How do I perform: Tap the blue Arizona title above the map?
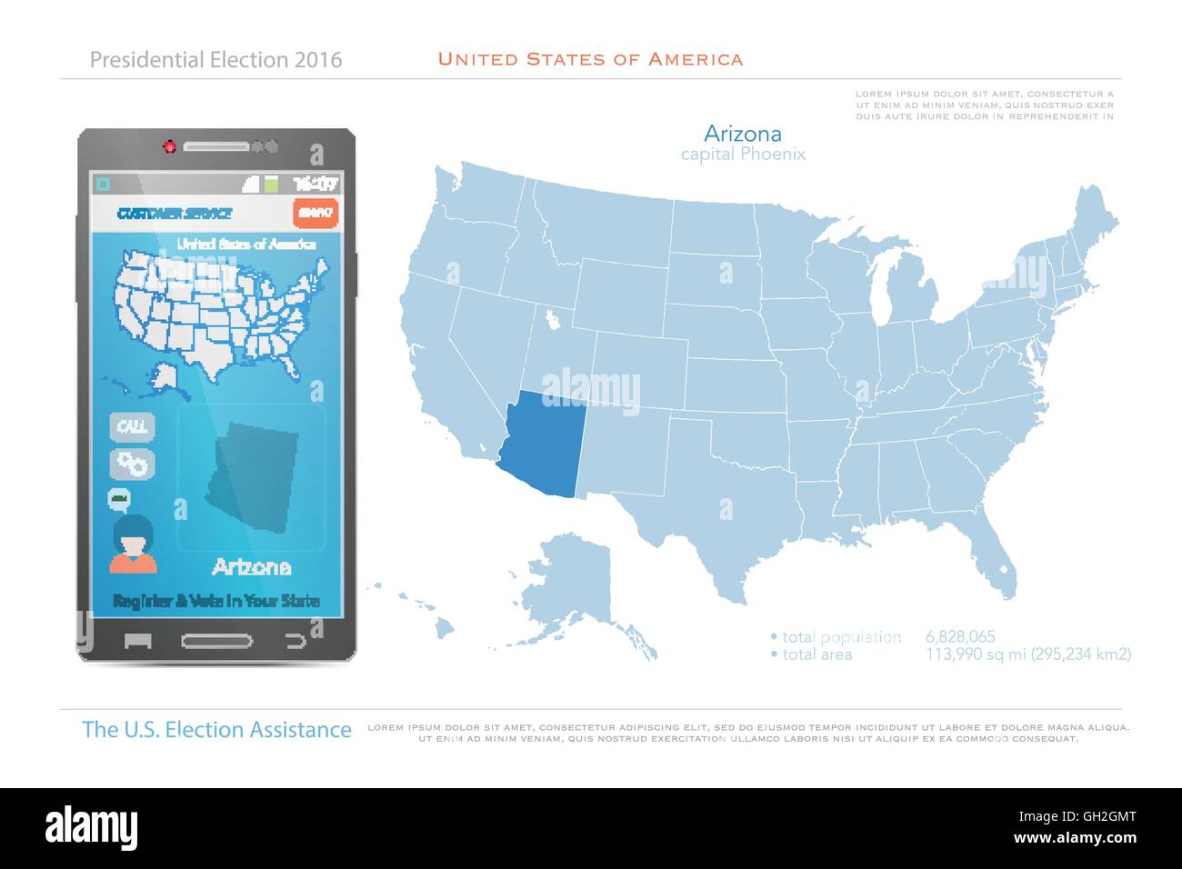coord(743,134)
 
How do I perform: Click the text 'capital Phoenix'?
coord(743,155)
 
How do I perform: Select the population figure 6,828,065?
coord(960,636)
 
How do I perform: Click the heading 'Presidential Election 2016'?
coord(215,60)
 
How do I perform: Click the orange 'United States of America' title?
coord(590,59)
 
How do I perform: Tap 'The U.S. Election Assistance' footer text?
coord(216,729)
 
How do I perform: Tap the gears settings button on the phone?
coord(133,464)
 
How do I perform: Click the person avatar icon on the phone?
coord(134,544)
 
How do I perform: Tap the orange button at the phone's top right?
coord(316,213)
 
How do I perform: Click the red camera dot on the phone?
coord(169,145)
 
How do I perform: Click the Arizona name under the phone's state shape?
coord(251,567)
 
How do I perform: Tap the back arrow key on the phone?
coord(295,641)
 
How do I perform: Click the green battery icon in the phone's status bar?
coord(270,183)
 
